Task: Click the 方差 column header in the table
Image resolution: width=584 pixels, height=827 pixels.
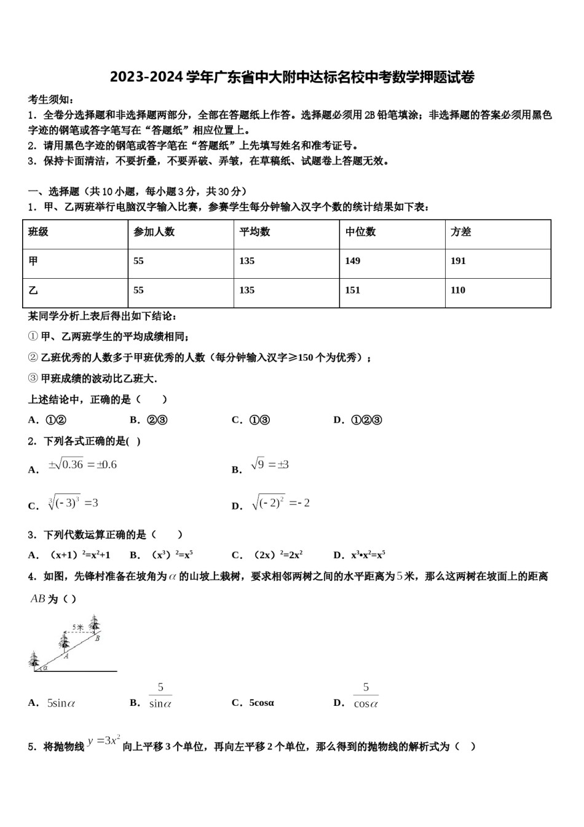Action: pos(460,232)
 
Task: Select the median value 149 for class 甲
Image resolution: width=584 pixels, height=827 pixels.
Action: pos(352,261)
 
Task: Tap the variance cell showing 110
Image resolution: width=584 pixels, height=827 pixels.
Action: pos(458,290)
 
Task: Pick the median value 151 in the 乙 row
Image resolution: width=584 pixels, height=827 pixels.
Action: pos(352,290)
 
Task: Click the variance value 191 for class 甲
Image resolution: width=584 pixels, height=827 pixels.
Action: pos(458,261)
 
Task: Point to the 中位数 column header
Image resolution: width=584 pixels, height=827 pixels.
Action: pos(360,232)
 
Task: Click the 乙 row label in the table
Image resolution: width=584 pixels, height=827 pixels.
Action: pos(33,290)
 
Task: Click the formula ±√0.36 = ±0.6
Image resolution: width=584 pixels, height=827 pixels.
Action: pos(82,465)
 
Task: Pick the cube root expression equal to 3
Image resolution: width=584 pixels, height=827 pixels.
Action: pos(73,504)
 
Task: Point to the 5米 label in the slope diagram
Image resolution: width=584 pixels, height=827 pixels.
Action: pos(78,627)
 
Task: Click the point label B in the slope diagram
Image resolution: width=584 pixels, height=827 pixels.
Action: pos(97,639)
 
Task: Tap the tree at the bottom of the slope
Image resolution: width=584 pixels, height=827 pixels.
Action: pos(34,659)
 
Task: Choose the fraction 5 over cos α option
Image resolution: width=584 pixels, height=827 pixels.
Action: pos(366,696)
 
